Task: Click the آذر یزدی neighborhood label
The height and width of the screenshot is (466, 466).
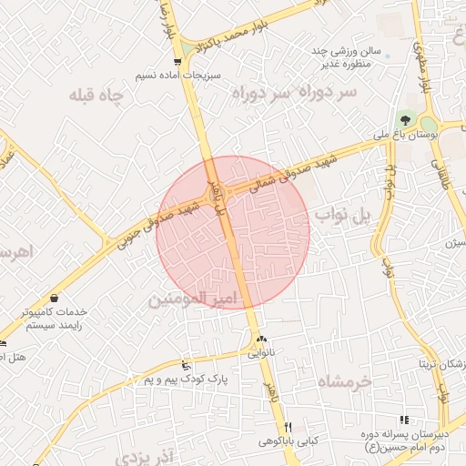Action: [143, 451]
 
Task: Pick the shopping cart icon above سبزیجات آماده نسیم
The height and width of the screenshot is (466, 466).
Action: [177, 62]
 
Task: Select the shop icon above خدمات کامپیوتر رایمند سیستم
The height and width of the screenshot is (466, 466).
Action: [56, 298]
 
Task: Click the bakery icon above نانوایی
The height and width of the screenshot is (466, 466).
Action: [261, 339]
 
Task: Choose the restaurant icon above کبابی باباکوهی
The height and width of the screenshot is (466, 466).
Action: [289, 427]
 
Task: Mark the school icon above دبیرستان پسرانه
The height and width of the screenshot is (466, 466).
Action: [404, 420]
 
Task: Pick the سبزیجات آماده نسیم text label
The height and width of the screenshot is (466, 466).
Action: [176, 76]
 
